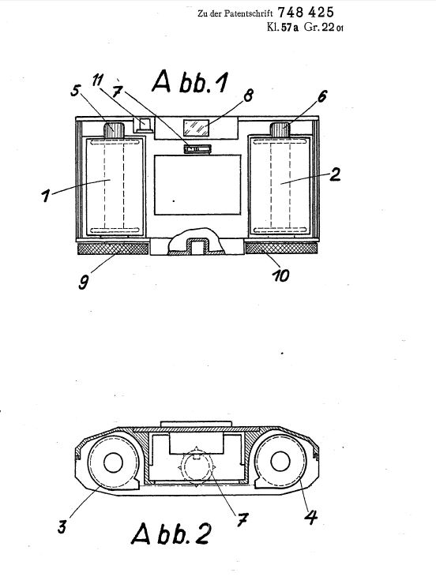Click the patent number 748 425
click(306, 13)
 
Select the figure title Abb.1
click(190, 82)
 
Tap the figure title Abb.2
click(171, 533)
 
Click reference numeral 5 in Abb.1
click(76, 90)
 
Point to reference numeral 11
click(98, 80)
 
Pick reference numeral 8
click(248, 95)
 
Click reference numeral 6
click(322, 95)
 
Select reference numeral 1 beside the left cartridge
click(46, 196)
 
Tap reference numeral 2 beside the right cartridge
click(335, 174)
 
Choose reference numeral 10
click(280, 275)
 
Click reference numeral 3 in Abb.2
click(62, 526)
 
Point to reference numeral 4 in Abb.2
click(310, 517)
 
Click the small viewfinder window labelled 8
click(196, 128)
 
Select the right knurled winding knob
click(280, 129)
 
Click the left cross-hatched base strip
click(113, 249)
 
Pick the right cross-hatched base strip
click(282, 248)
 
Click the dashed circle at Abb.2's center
click(197, 467)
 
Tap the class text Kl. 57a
click(283, 27)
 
